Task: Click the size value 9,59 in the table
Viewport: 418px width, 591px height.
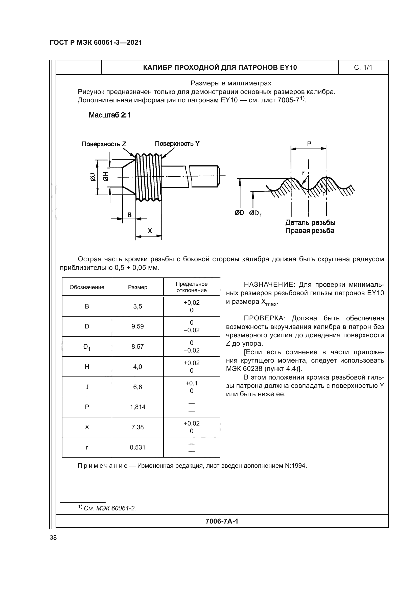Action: (x=137, y=326)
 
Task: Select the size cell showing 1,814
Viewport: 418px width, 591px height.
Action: (x=137, y=407)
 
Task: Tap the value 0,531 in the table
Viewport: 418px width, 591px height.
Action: (x=137, y=447)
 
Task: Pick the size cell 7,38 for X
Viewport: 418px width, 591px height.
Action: (x=137, y=427)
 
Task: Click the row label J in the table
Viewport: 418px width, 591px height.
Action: (x=87, y=387)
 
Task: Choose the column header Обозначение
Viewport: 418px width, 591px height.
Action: (x=87, y=287)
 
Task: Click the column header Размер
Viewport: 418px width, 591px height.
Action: (x=137, y=287)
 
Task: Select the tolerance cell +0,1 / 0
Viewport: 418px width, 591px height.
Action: (x=192, y=387)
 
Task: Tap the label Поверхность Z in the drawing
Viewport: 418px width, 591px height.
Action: (x=104, y=144)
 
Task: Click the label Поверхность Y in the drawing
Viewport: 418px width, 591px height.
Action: (x=177, y=144)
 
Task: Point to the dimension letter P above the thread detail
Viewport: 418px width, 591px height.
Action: (x=309, y=144)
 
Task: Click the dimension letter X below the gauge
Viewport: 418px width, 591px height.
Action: (x=150, y=231)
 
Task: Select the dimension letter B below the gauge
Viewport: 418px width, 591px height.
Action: (x=129, y=215)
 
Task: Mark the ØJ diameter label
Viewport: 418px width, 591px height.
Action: (x=93, y=177)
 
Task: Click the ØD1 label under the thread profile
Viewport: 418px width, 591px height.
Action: (x=255, y=213)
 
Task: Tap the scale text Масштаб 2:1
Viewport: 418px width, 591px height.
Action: (x=109, y=115)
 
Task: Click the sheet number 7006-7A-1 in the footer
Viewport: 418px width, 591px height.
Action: (x=222, y=521)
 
